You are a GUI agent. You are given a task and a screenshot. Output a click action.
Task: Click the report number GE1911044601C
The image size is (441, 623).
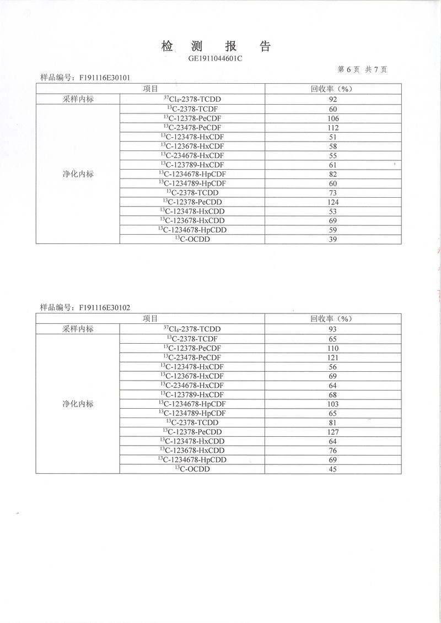[x=216, y=57]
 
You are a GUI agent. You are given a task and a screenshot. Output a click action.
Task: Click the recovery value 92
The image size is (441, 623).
[x=332, y=100]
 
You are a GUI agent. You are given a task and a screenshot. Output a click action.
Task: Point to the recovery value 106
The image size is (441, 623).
[x=332, y=118]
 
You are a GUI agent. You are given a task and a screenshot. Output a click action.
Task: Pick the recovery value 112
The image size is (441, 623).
[x=332, y=128]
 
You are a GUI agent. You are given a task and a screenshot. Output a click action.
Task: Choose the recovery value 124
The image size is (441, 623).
[x=332, y=202]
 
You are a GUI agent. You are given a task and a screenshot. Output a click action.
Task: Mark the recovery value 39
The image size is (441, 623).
[x=332, y=240]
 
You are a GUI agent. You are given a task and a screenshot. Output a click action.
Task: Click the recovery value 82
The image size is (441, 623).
[x=332, y=174]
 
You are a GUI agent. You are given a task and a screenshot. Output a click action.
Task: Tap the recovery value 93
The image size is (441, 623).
[x=332, y=329]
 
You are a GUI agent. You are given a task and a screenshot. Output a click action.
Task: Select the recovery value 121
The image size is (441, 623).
[x=332, y=357]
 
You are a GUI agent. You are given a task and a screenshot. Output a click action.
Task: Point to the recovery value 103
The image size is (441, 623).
[x=332, y=404]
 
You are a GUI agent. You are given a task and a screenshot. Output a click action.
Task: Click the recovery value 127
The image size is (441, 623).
[x=332, y=432]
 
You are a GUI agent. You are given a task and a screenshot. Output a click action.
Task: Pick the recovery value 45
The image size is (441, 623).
[x=332, y=469]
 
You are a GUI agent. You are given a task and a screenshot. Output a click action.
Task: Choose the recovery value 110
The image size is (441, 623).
[x=332, y=348]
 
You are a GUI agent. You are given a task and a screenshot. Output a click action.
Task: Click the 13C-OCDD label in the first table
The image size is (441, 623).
[x=192, y=239]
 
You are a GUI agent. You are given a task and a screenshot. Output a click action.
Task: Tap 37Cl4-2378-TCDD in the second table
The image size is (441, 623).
[x=192, y=329]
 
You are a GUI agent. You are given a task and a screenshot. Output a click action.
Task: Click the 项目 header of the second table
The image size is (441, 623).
[x=150, y=318]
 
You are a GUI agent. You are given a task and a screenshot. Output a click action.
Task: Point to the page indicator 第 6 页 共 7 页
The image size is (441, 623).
[x=362, y=69]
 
